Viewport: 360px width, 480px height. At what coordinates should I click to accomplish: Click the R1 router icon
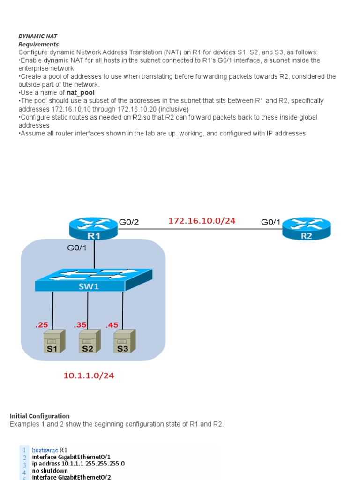(x=94, y=228)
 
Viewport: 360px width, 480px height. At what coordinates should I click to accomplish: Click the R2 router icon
(x=306, y=228)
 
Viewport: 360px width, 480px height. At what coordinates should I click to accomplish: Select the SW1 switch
(x=94, y=280)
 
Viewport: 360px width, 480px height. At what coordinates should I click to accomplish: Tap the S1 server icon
(x=53, y=341)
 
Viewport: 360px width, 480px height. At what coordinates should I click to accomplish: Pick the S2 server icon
(x=89, y=341)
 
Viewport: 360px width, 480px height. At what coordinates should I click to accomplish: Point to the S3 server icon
(x=124, y=341)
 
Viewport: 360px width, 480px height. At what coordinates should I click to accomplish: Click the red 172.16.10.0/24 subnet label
(x=202, y=220)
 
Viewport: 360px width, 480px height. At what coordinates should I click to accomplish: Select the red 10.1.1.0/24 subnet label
(x=89, y=375)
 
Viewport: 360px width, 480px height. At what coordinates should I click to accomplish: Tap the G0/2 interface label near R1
(x=129, y=222)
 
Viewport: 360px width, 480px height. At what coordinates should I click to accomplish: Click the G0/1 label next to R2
(x=271, y=222)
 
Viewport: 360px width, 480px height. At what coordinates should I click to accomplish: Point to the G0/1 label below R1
(x=77, y=247)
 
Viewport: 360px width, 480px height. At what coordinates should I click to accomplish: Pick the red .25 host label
(x=42, y=325)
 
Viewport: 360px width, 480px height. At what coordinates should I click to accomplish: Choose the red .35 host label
(x=80, y=325)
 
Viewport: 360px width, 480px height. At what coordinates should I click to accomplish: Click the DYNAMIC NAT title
(x=37, y=36)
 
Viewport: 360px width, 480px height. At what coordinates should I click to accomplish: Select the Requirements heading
(x=38, y=44)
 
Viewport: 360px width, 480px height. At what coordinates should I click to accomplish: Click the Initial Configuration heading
(x=39, y=416)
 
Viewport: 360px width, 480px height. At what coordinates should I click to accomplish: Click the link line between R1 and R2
(x=197, y=229)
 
